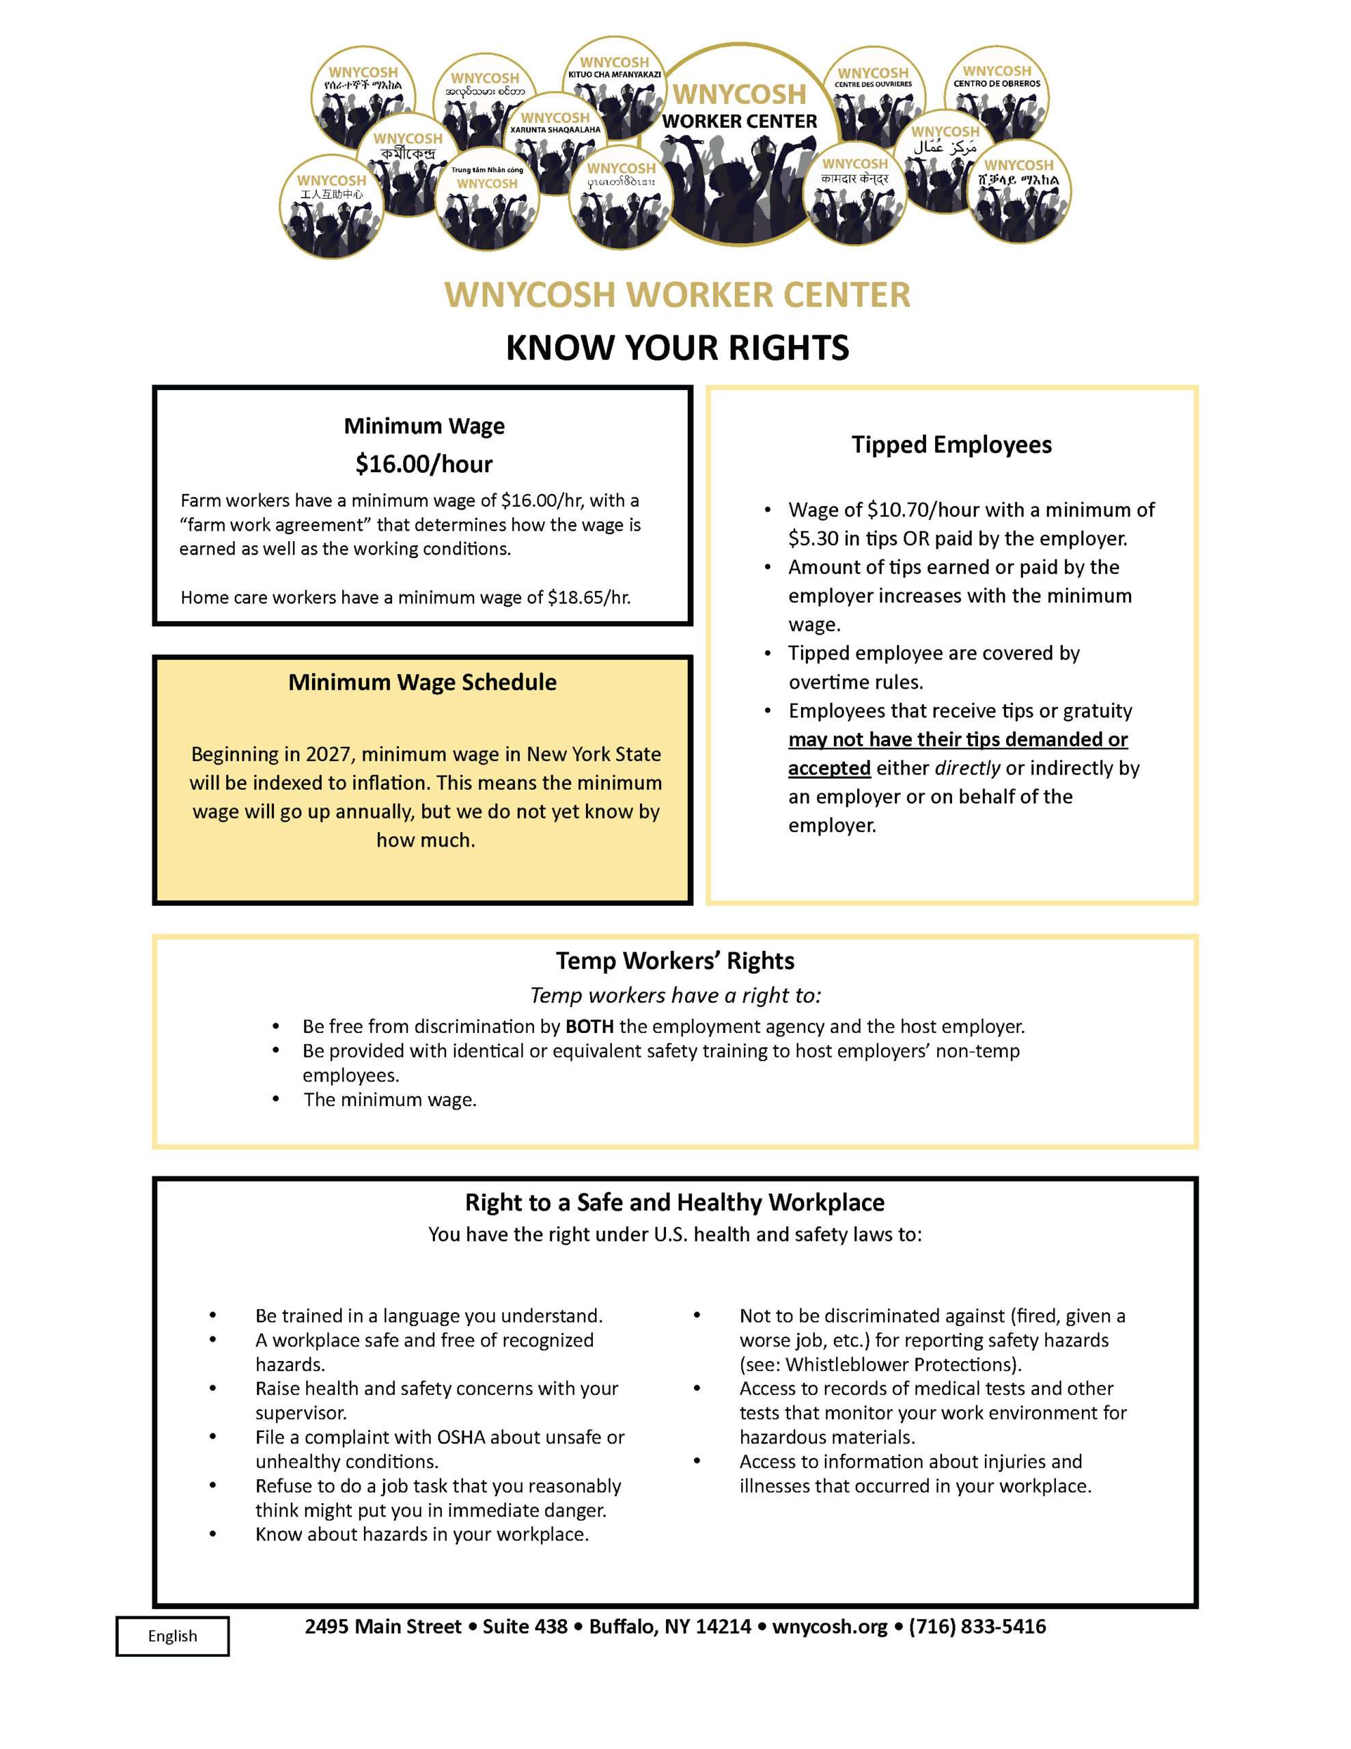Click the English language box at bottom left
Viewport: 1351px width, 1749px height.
pyautogui.click(x=172, y=1636)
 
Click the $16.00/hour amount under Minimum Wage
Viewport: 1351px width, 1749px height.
pyautogui.click(x=423, y=464)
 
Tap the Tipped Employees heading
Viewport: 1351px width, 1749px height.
pyautogui.click(x=951, y=445)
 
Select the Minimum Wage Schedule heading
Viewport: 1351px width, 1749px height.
pyautogui.click(x=422, y=683)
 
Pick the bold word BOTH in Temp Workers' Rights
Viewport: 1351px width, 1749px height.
pyautogui.click(x=589, y=1027)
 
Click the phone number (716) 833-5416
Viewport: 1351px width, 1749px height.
pyautogui.click(x=977, y=1627)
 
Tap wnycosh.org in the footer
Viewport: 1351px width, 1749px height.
pyautogui.click(x=829, y=1627)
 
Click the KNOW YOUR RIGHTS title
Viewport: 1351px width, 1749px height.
pyautogui.click(x=677, y=348)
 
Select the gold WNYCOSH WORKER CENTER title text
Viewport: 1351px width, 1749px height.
pyautogui.click(x=677, y=294)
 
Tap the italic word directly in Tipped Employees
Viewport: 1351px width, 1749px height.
pyautogui.click(x=967, y=768)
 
